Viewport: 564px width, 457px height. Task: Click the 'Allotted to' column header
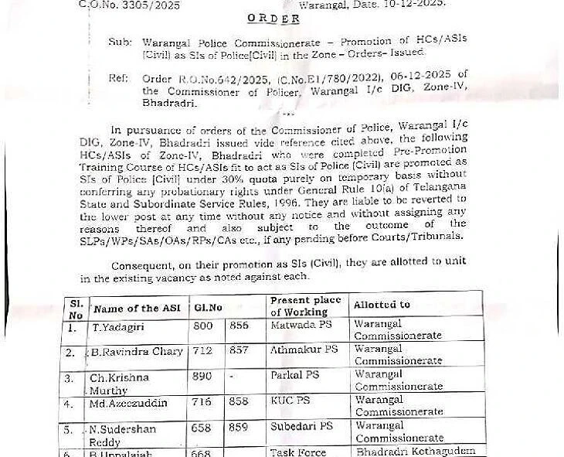382,305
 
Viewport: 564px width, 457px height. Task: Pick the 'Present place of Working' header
299,306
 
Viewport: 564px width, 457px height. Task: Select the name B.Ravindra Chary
138,352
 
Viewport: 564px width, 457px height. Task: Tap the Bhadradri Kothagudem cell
416,451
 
